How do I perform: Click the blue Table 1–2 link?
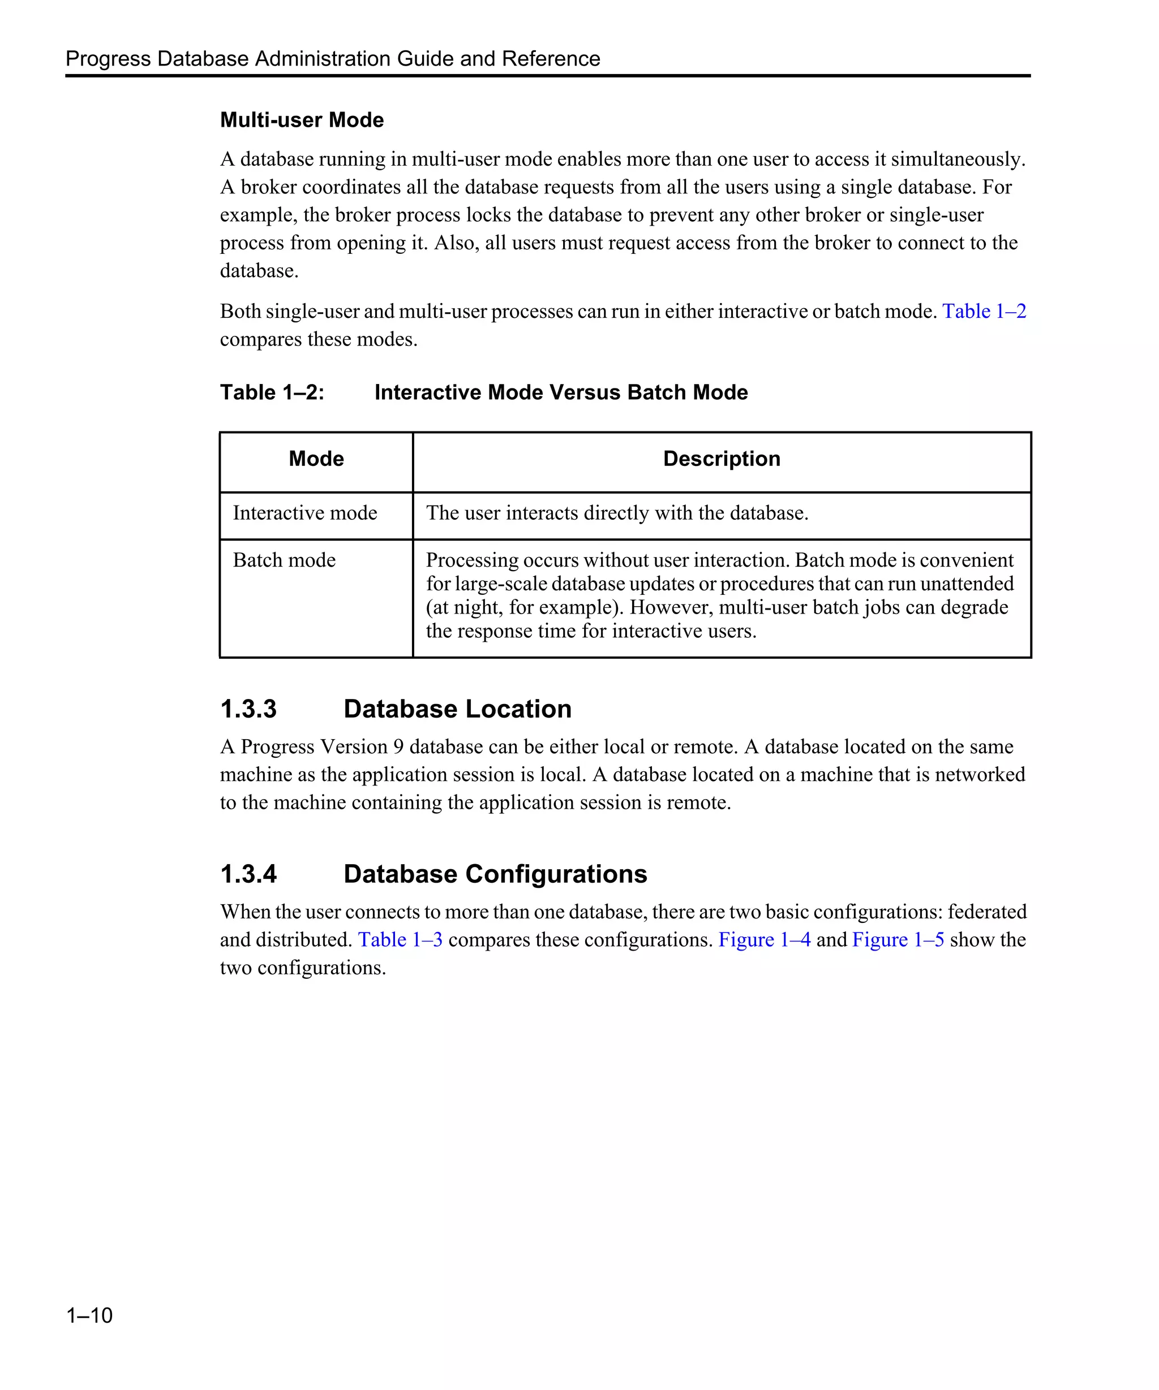tap(984, 311)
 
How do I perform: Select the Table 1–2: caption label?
tap(272, 392)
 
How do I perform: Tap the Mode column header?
tap(316, 459)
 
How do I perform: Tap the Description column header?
tap(721, 459)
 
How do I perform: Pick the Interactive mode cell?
tap(304, 513)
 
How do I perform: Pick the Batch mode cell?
tap(284, 560)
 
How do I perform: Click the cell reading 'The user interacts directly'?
tap(617, 513)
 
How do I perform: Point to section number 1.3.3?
tap(248, 709)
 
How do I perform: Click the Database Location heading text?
tap(457, 709)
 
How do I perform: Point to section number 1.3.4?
tap(248, 874)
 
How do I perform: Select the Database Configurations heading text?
tap(495, 874)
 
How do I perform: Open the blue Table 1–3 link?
tap(400, 940)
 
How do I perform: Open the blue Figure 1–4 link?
tap(765, 940)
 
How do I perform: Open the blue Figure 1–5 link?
tap(898, 940)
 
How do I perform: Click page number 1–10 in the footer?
tap(89, 1315)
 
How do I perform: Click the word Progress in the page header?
tap(108, 59)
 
